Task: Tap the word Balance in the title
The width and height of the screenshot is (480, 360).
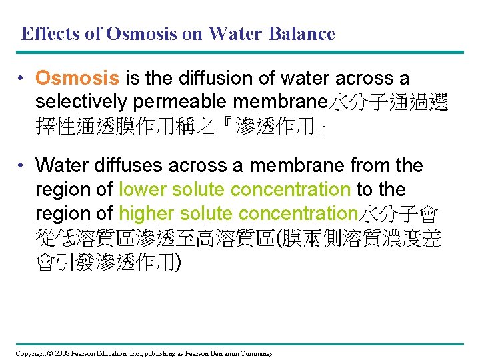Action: (x=301, y=33)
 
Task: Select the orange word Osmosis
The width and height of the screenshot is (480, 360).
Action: (x=77, y=79)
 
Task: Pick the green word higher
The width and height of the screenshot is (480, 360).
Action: (x=145, y=213)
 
